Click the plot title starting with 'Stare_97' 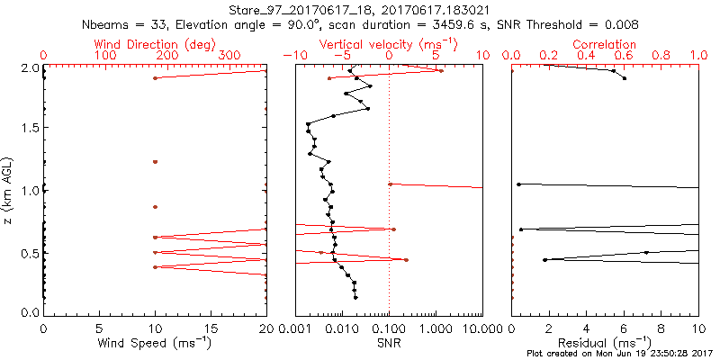click(x=360, y=10)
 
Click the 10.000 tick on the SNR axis click(x=468, y=328)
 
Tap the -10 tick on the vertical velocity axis click(x=292, y=56)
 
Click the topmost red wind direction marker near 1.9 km click(x=155, y=78)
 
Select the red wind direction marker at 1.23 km click(x=155, y=162)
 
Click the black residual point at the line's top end click(x=625, y=79)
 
